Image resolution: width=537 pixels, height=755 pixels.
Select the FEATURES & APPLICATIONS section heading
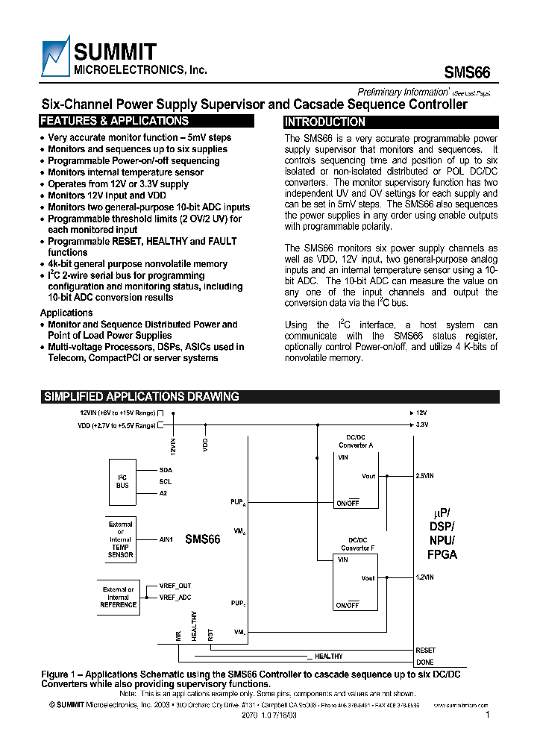pos(114,121)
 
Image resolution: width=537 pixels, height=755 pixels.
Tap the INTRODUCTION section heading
pos(325,122)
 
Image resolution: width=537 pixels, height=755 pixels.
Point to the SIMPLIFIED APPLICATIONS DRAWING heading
pos(141,397)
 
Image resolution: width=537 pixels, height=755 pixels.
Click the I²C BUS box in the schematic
pos(123,480)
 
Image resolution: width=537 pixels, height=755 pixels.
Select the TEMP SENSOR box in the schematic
pos(120,539)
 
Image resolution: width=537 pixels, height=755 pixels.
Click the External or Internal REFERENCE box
pos(118,598)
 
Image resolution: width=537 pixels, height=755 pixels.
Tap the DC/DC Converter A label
pos(356,442)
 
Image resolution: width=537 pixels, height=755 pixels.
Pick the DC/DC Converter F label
pos(358,544)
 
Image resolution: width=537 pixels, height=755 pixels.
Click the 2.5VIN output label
pos(424,475)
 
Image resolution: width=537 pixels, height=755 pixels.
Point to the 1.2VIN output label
pos(424,577)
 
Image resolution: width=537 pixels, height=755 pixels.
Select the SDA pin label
pos(166,470)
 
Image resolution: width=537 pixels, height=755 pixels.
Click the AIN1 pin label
pos(166,539)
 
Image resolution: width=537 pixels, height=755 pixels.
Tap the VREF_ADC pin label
pos(175,598)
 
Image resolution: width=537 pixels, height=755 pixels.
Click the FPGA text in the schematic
pos(442,554)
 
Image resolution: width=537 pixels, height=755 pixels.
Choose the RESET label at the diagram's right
pos(425,651)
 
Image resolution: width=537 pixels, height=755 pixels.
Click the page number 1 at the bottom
pos(487,715)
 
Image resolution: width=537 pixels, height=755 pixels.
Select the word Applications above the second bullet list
pos(66,313)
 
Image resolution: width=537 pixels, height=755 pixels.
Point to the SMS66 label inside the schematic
pos(203,539)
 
